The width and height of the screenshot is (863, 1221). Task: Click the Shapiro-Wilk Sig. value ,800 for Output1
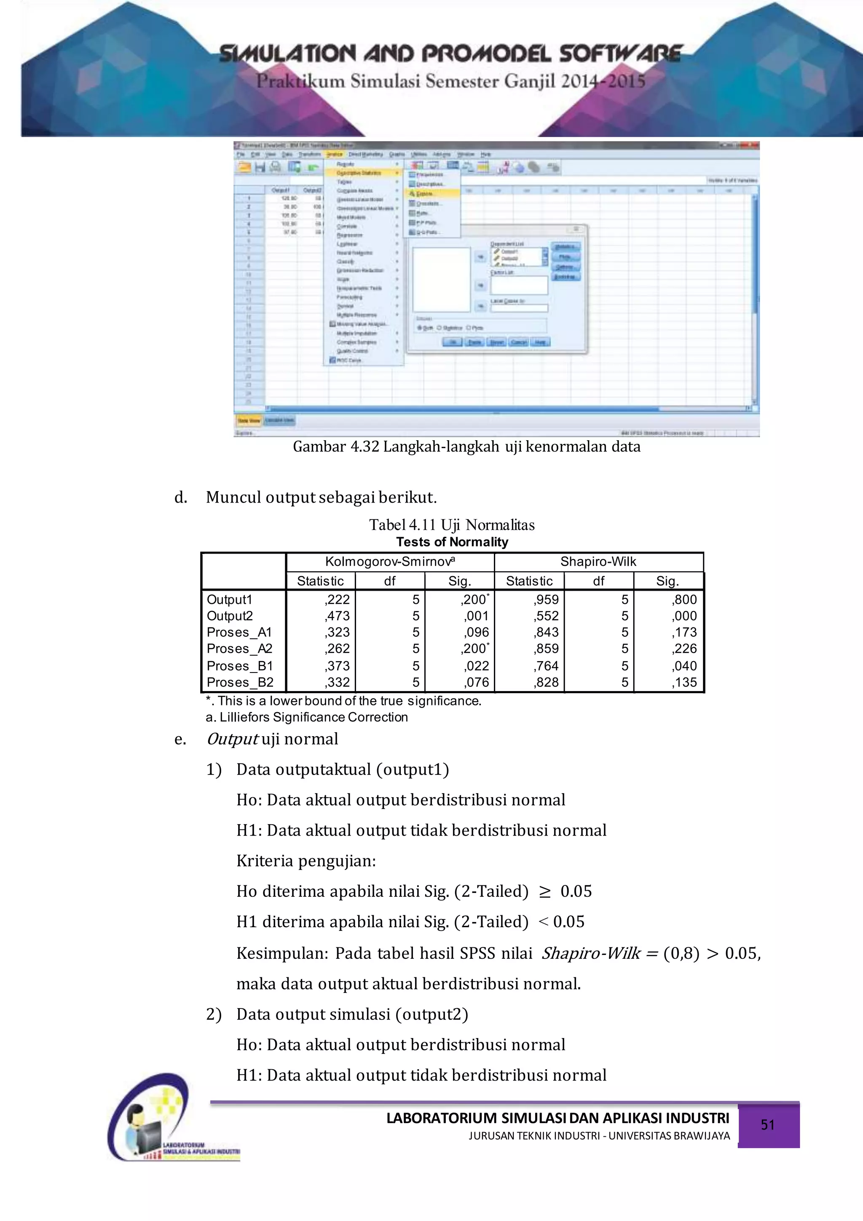coord(684,600)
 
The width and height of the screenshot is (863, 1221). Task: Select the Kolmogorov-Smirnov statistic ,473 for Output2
coord(337,616)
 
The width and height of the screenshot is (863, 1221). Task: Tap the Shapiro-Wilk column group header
coord(598,562)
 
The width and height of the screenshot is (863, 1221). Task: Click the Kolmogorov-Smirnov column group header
coord(389,562)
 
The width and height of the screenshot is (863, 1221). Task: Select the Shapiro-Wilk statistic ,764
coord(546,666)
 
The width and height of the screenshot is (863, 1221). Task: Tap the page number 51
coord(767,1125)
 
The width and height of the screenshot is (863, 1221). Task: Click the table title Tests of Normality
coord(452,542)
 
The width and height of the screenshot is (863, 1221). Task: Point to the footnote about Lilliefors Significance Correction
coord(307,718)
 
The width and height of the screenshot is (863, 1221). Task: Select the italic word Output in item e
coord(232,739)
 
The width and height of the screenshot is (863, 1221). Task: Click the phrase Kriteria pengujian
coord(306,861)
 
